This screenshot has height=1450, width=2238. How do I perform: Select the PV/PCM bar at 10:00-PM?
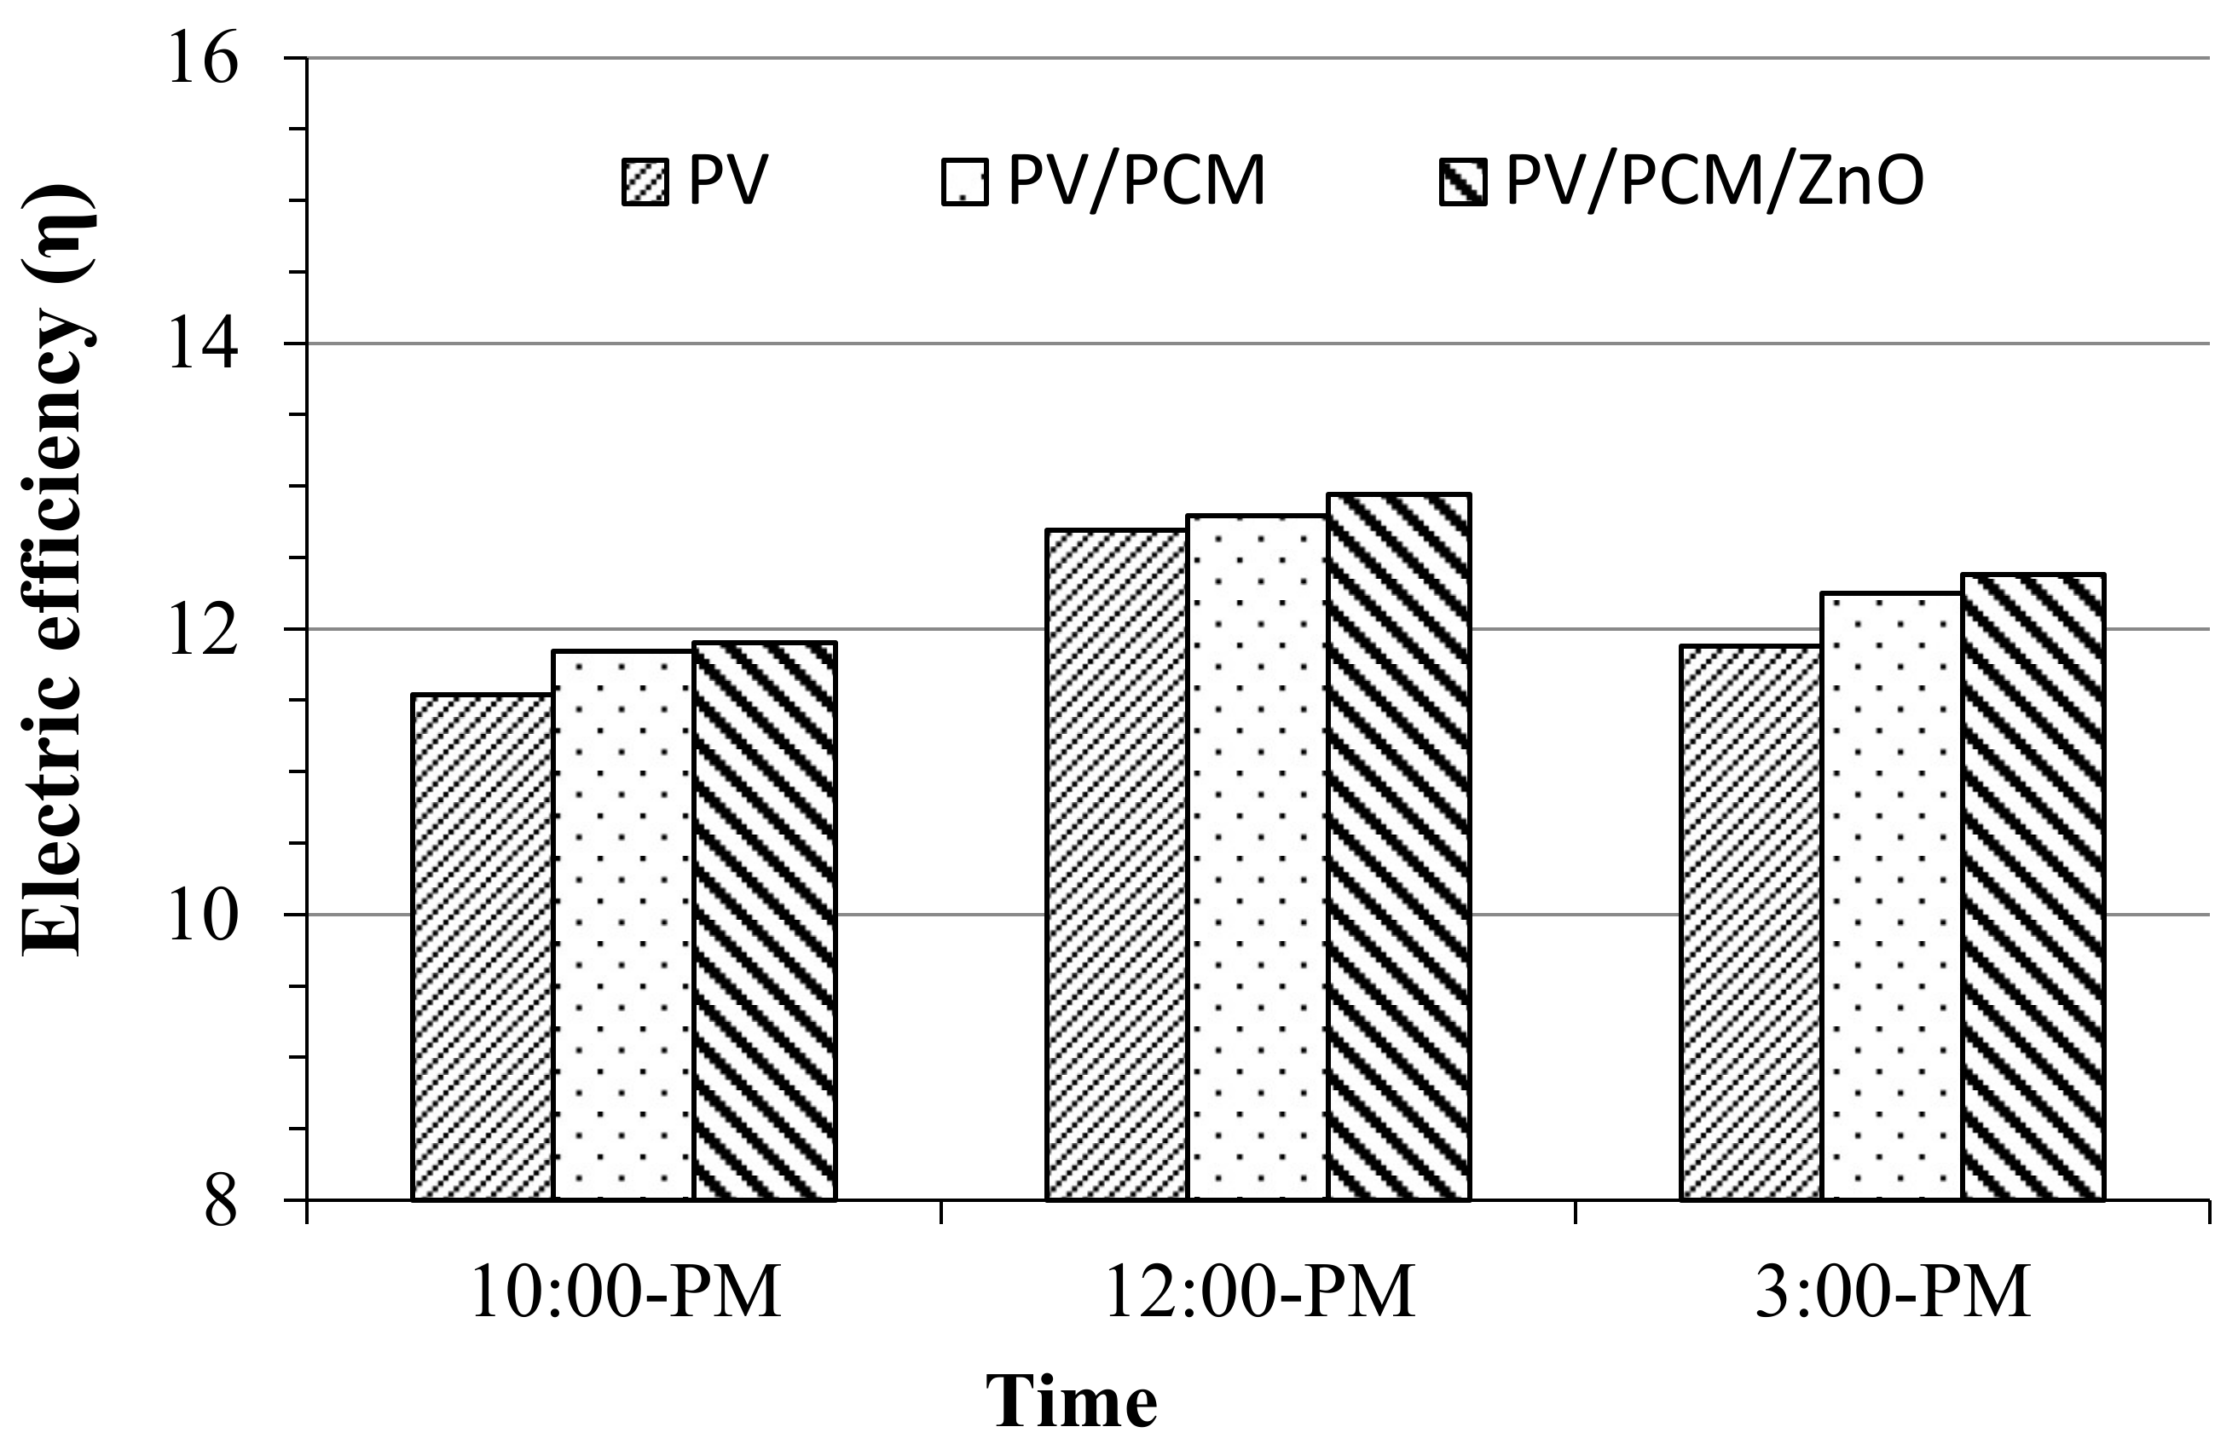tap(623, 924)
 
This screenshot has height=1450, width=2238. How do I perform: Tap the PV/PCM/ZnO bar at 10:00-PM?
tap(765, 921)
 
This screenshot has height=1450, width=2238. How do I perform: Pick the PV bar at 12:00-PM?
tap(1116, 864)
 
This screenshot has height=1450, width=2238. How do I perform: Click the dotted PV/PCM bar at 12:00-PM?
tap(1258, 857)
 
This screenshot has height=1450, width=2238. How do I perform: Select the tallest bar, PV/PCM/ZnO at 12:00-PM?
tap(1398, 846)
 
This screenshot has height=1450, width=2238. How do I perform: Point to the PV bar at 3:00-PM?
tap(1751, 922)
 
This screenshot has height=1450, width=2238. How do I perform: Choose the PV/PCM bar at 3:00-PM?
tap(1892, 896)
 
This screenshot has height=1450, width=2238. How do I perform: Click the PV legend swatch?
tap(645, 182)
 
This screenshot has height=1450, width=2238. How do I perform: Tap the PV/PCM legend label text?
tap(1136, 180)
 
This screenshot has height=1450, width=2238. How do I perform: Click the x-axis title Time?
tap(1071, 1402)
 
